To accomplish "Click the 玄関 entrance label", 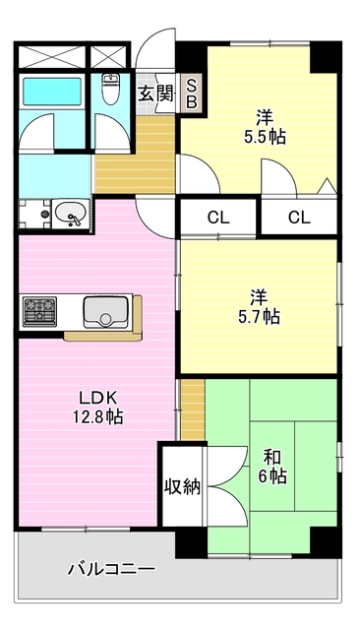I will coord(154,94).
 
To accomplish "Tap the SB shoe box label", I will coord(192,93).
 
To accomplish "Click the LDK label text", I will coord(98,397).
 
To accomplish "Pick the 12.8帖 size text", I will coord(98,417).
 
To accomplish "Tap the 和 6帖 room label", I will coord(270,467).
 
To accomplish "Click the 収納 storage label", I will coord(182,486).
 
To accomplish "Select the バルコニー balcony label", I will coord(111,569).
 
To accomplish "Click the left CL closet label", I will coord(217,218).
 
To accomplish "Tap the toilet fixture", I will coord(110,91).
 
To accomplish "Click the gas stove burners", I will coord(39,312).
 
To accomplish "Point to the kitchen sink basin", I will coord(102,312).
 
